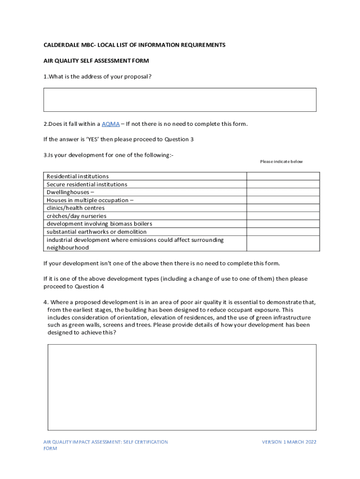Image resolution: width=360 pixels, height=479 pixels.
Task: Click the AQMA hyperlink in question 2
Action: (x=110, y=124)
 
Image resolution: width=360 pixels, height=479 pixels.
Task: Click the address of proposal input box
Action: (x=180, y=100)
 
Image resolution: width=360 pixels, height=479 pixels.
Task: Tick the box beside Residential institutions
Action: (x=283, y=176)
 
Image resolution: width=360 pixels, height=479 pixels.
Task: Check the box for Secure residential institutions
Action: (x=283, y=184)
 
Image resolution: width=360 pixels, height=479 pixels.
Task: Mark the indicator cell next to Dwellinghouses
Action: (x=283, y=192)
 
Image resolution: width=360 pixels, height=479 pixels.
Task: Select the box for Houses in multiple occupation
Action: (x=283, y=200)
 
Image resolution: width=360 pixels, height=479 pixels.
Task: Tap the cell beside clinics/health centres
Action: (x=283, y=208)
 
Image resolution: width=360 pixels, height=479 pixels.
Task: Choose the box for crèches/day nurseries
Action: (x=283, y=216)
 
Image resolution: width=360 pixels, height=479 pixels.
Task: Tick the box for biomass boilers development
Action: (x=283, y=224)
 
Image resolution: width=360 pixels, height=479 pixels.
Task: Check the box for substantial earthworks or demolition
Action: (x=283, y=232)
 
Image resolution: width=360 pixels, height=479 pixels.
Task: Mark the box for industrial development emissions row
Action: (x=283, y=243)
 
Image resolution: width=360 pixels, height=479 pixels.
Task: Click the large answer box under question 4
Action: (x=182, y=387)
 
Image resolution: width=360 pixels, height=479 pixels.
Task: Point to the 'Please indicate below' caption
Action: (x=281, y=162)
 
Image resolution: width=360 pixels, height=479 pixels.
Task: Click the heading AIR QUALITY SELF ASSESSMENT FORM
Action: (x=96, y=61)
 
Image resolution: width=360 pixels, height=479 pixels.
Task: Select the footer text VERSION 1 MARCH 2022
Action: (x=289, y=442)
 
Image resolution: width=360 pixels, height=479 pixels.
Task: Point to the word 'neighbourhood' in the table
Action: (x=67, y=247)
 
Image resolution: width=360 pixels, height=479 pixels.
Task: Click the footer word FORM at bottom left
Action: (x=50, y=449)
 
